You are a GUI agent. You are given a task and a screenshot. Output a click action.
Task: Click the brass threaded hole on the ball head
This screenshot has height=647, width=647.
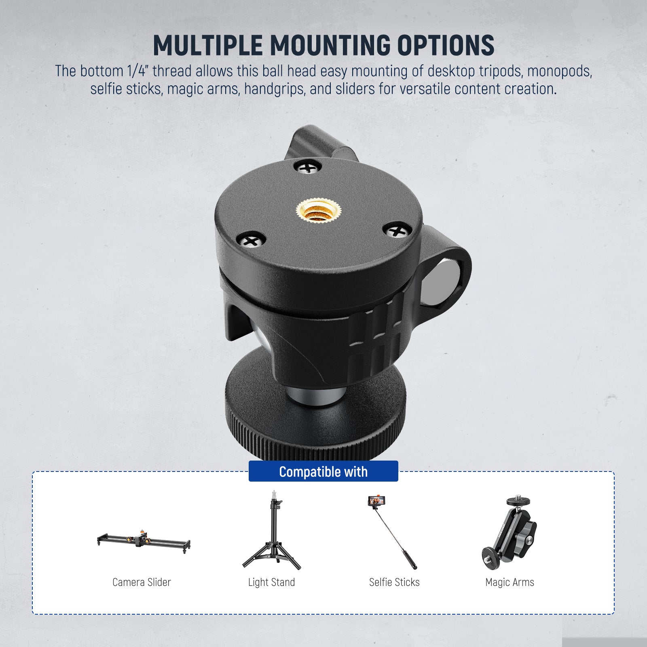[x=319, y=211]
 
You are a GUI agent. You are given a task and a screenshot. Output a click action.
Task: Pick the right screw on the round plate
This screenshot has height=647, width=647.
[x=397, y=231]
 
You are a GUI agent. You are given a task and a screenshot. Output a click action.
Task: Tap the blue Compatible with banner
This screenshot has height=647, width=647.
[x=323, y=472]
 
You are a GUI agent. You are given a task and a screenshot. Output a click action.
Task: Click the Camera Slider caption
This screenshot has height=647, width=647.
[x=142, y=582]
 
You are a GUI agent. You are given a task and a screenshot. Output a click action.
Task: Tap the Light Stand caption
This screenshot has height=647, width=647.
[x=271, y=582]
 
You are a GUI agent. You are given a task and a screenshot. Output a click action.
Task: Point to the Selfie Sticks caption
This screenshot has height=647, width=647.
[x=394, y=582]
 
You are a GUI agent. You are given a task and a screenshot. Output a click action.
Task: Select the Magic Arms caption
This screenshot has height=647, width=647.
[x=510, y=582]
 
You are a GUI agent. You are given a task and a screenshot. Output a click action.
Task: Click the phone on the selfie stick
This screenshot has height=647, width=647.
[x=376, y=502]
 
